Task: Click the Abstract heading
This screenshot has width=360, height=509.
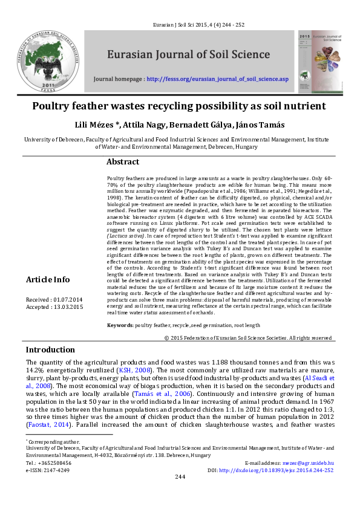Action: (x=123, y=162)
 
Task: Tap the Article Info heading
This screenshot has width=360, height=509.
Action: (x=47, y=280)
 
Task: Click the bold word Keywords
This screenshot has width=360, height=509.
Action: (x=120, y=325)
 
